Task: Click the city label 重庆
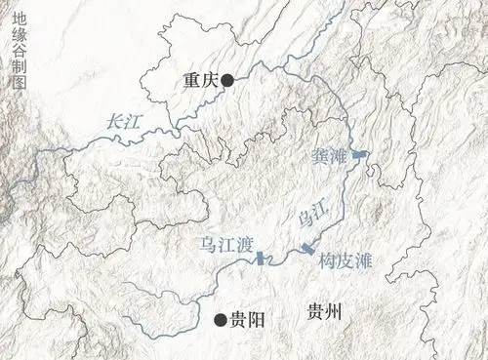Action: pos(200,83)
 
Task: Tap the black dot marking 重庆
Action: pos(226,82)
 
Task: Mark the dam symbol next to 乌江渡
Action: pos(261,259)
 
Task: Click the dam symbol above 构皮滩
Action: pos(308,249)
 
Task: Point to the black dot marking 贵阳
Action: pos(220,318)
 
